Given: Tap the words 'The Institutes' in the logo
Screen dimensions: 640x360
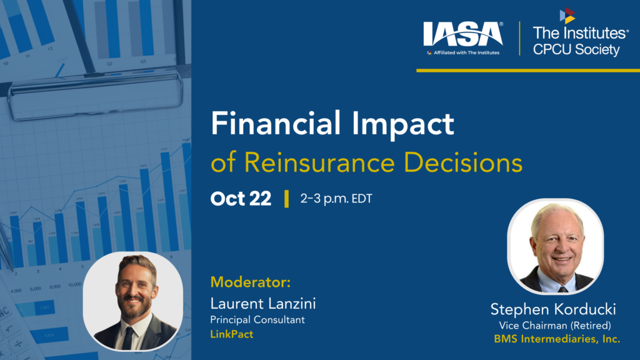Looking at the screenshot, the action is [x=581, y=32].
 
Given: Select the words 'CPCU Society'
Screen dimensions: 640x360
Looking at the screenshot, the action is [x=576, y=49].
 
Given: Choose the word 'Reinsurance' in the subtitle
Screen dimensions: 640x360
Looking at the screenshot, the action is [x=319, y=162].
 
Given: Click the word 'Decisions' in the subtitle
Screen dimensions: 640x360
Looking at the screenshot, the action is [x=463, y=162].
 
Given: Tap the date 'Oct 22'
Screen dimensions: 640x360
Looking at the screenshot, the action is [x=241, y=199].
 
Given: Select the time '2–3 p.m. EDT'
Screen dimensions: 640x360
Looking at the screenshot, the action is [x=336, y=199].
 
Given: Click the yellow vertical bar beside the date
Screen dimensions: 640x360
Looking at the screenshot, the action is [x=286, y=199].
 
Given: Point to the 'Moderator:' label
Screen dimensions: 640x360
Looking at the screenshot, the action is [x=251, y=282].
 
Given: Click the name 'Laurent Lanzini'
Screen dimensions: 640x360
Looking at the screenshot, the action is [x=263, y=304].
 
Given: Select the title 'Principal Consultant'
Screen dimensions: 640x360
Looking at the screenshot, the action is [x=257, y=319].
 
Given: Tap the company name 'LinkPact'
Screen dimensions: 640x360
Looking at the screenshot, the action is [x=232, y=334].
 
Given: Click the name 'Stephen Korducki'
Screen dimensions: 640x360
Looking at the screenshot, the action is [x=553, y=309].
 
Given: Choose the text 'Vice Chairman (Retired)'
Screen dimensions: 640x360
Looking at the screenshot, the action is [x=555, y=325].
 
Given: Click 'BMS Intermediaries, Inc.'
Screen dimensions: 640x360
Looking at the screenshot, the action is [x=557, y=339].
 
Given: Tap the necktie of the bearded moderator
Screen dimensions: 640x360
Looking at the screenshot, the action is [x=127, y=338].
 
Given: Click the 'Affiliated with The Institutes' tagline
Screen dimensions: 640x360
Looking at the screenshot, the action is [x=463, y=52].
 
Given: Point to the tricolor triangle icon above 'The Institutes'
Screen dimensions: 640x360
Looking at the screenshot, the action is [x=567, y=16].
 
